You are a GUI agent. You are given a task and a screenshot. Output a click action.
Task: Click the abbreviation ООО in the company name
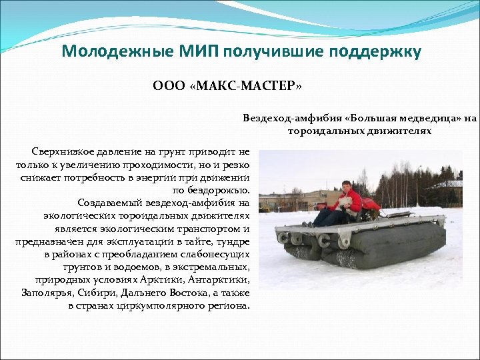click(x=167, y=87)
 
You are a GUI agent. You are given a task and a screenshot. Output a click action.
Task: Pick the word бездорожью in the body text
click(x=219, y=191)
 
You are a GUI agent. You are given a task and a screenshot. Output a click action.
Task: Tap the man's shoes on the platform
click(x=309, y=224)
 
